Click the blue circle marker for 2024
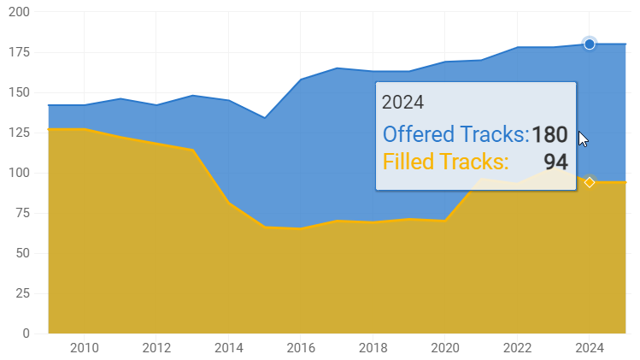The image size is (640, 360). [x=590, y=44]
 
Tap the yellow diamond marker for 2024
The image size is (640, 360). [x=590, y=182]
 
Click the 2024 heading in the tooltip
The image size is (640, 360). [x=402, y=103]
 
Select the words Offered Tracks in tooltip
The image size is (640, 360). [x=455, y=134]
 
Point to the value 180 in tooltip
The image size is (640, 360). [x=549, y=134]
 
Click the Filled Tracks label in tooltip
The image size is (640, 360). [x=445, y=161]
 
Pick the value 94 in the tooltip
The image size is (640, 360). [x=555, y=161]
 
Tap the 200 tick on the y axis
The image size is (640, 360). [x=18, y=12]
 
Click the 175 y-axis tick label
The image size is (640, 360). [x=18, y=52]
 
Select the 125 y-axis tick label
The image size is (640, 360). [x=18, y=133]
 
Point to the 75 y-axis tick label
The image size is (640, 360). [x=21, y=213]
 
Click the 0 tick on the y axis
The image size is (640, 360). [x=26, y=333]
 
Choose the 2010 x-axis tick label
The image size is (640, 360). [x=84, y=348]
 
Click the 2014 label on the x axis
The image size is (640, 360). [x=228, y=348]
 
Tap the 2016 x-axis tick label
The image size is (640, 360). [x=301, y=348]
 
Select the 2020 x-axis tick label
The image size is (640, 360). [x=445, y=348]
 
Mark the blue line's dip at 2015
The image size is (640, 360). [x=265, y=117]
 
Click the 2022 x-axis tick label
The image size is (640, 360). [x=517, y=348]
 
